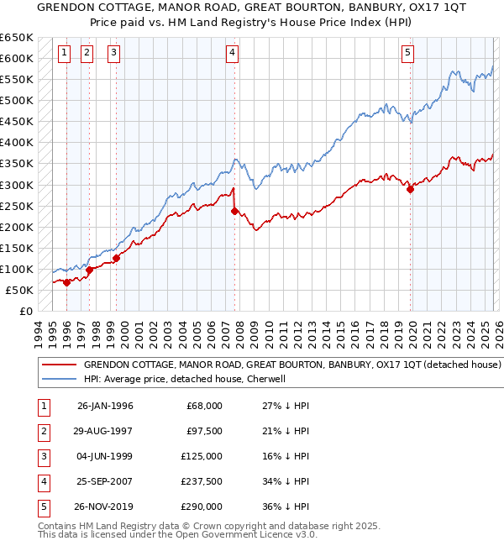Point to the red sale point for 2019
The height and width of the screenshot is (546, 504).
[x=410, y=189]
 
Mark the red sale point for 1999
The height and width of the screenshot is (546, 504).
[x=116, y=258]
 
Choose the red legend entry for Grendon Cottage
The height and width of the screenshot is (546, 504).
[x=292, y=365]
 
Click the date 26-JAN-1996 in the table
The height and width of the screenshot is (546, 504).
[x=105, y=406]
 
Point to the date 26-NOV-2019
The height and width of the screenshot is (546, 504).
[x=105, y=507]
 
